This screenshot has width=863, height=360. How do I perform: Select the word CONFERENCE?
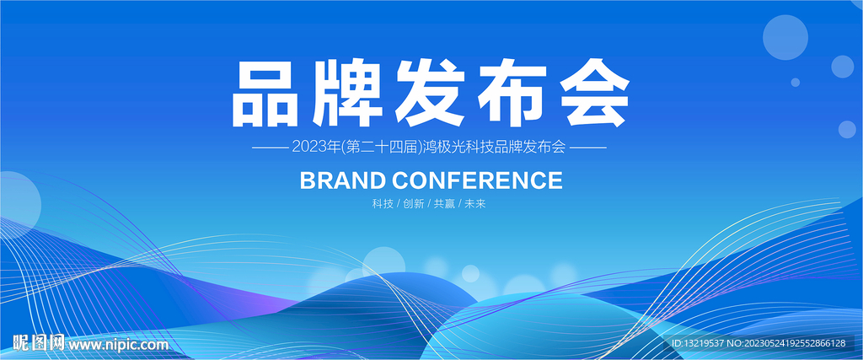478,180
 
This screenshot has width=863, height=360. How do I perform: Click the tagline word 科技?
383,204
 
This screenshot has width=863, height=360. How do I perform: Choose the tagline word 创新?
413,204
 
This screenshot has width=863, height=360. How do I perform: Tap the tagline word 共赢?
444,204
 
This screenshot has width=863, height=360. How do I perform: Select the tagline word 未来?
475,204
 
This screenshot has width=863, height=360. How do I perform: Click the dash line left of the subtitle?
270,148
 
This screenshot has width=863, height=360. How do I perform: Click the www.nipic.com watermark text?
118,345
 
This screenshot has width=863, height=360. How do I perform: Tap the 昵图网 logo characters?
39,343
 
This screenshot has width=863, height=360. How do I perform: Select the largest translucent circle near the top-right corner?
785,37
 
